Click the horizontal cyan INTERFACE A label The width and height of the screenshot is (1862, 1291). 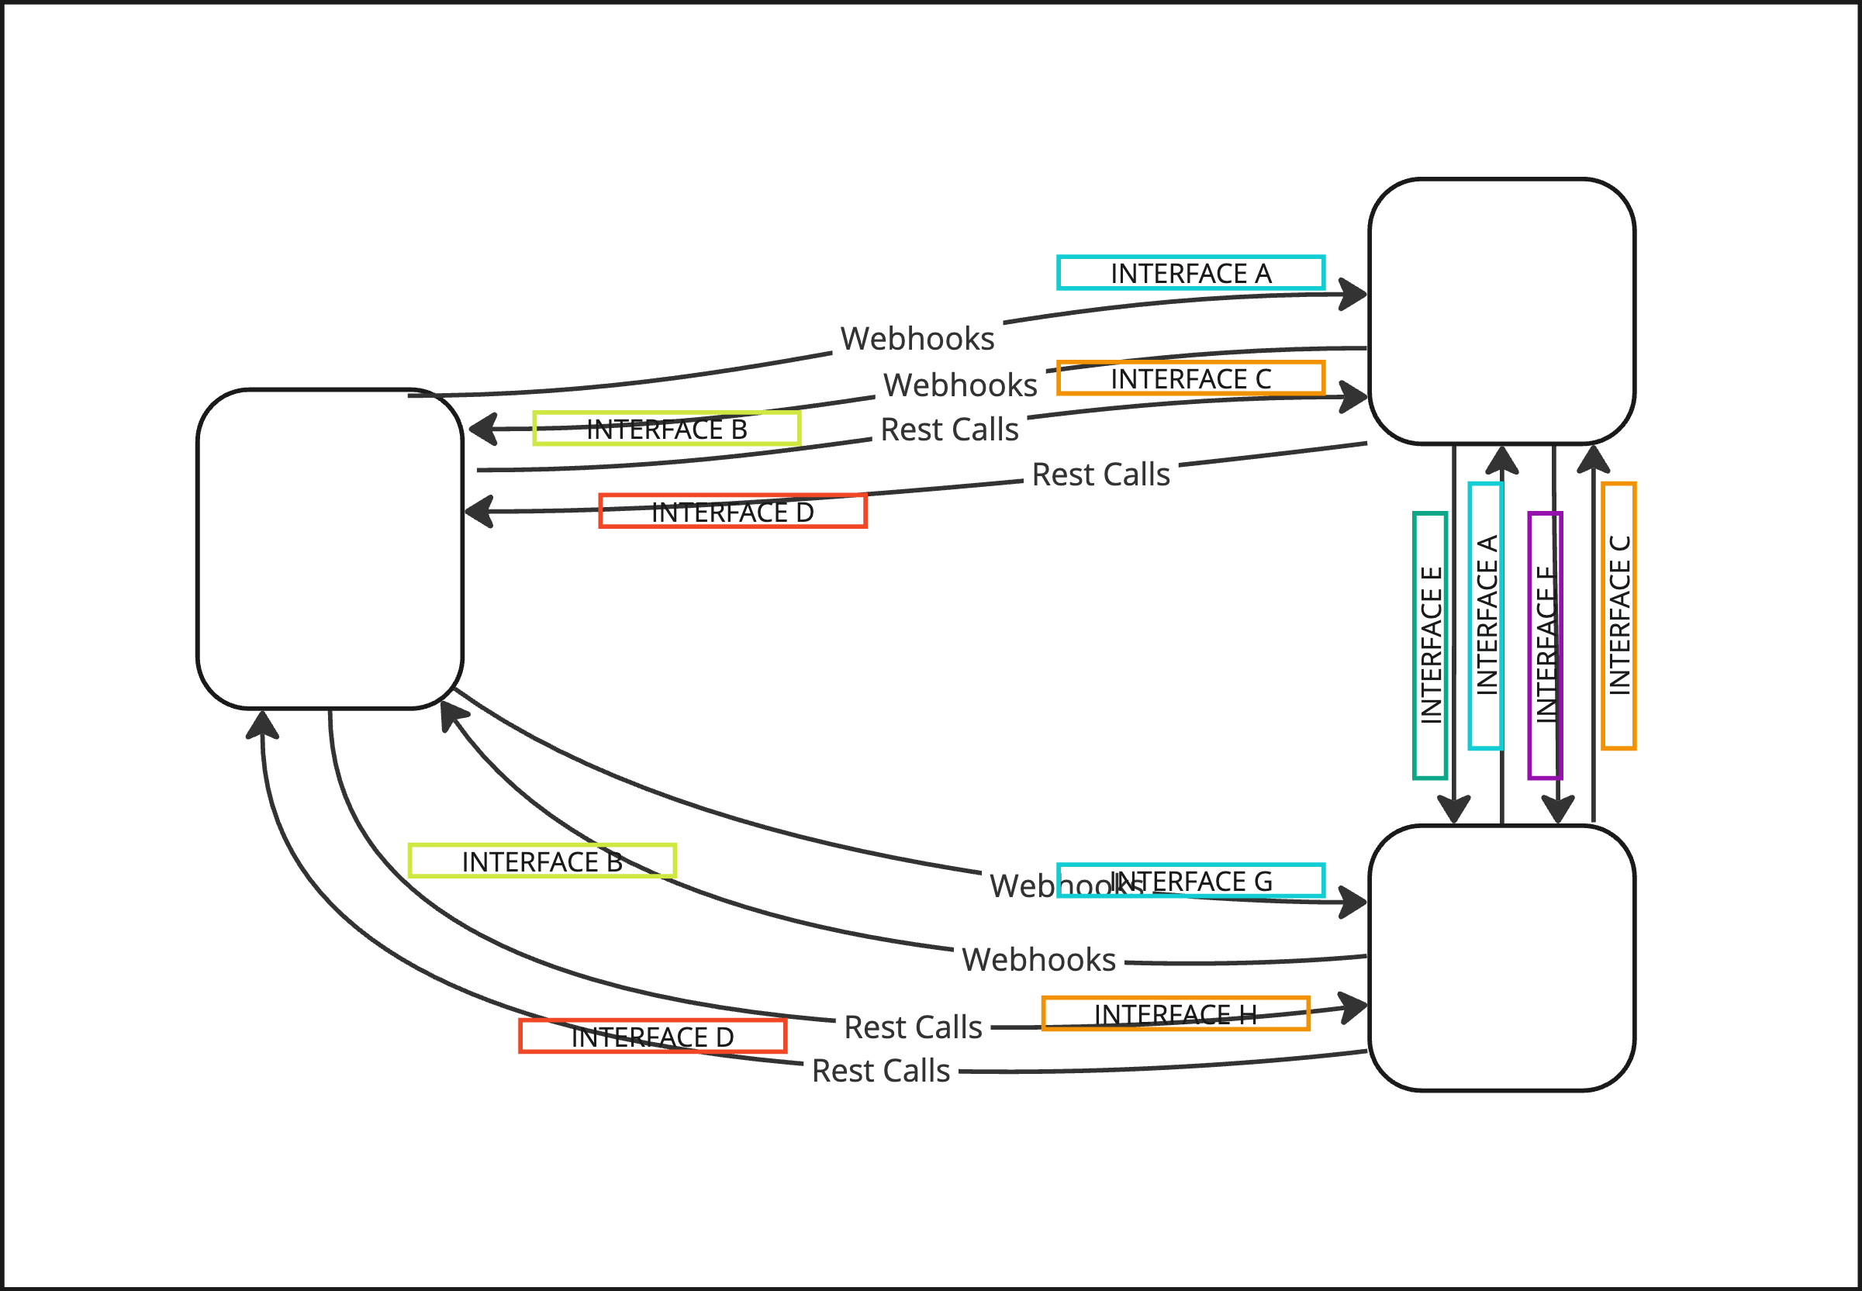click(x=1190, y=273)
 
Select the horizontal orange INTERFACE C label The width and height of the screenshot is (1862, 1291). click(x=1190, y=378)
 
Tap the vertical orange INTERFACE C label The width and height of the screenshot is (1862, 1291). click(x=1618, y=616)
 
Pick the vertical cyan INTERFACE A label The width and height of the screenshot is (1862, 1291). click(x=1485, y=616)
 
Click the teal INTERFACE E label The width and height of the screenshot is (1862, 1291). click(x=1429, y=645)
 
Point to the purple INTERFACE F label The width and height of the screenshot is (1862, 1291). click(x=1545, y=645)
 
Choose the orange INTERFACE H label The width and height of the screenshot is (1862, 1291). click(x=1175, y=1013)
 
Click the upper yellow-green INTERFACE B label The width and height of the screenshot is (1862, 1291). click(x=666, y=428)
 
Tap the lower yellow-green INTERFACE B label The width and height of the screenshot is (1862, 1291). click(x=542, y=861)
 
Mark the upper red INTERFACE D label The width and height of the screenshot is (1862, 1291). click(x=732, y=511)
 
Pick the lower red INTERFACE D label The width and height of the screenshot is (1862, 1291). click(x=652, y=1036)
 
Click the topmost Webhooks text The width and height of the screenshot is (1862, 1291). click(x=917, y=338)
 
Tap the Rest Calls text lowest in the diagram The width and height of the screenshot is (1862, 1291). click(x=880, y=1070)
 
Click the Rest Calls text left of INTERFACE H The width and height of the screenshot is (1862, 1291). click(x=913, y=1027)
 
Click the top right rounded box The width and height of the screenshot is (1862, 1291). click(x=1501, y=312)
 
